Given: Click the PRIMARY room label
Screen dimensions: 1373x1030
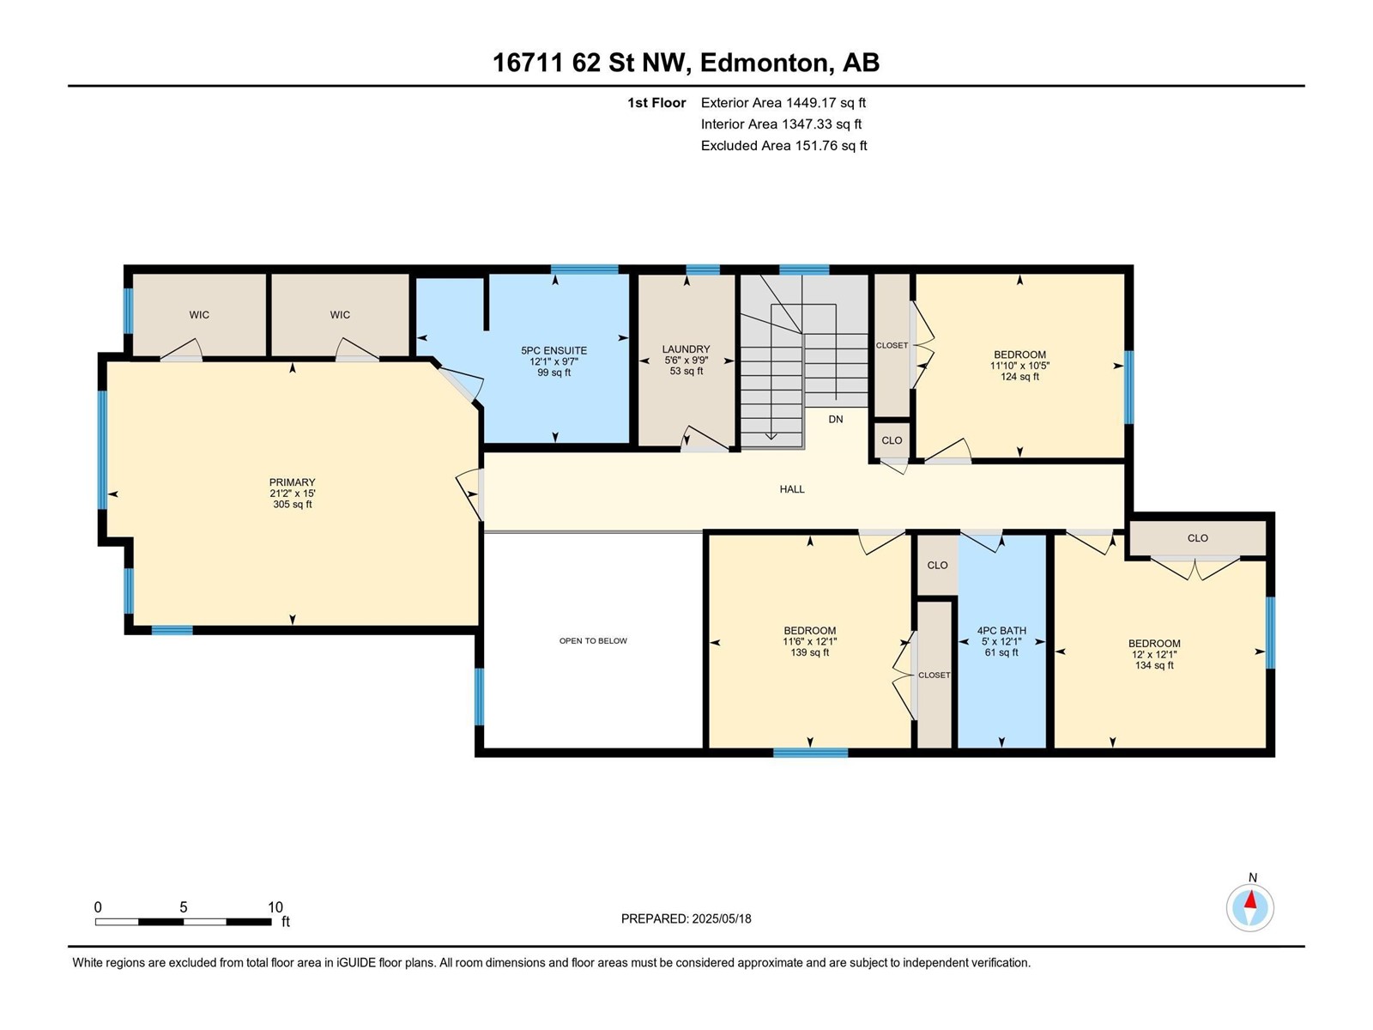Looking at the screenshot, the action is [292, 482].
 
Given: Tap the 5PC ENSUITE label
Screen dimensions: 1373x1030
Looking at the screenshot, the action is [554, 351].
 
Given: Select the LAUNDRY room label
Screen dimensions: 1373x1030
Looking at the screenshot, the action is [686, 349].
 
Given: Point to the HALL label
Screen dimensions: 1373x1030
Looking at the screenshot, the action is [792, 489].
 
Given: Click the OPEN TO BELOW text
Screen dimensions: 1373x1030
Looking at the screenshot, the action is [593, 640].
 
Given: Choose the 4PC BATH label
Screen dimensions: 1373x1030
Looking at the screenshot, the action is [1001, 630].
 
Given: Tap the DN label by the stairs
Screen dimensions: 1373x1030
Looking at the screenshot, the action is [836, 419].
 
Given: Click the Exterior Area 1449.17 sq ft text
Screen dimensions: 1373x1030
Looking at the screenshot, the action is [783, 102].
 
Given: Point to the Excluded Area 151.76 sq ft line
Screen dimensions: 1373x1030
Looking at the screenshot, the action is [783, 146].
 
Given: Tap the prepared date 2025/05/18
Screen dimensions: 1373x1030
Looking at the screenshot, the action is [721, 918].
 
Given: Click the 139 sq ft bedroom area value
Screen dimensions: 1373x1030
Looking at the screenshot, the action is [810, 652].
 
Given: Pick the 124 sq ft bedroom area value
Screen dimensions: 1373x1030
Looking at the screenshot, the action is [1019, 377].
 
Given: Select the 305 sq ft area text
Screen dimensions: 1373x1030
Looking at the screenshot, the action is [292, 504].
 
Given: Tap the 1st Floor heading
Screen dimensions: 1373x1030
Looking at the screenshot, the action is [656, 102].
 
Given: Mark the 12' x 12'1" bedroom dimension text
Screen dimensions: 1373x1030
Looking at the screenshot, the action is [1154, 654].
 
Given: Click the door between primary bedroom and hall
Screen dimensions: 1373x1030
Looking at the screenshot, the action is [470, 494].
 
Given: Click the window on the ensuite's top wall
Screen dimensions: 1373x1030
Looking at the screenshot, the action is [584, 270].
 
